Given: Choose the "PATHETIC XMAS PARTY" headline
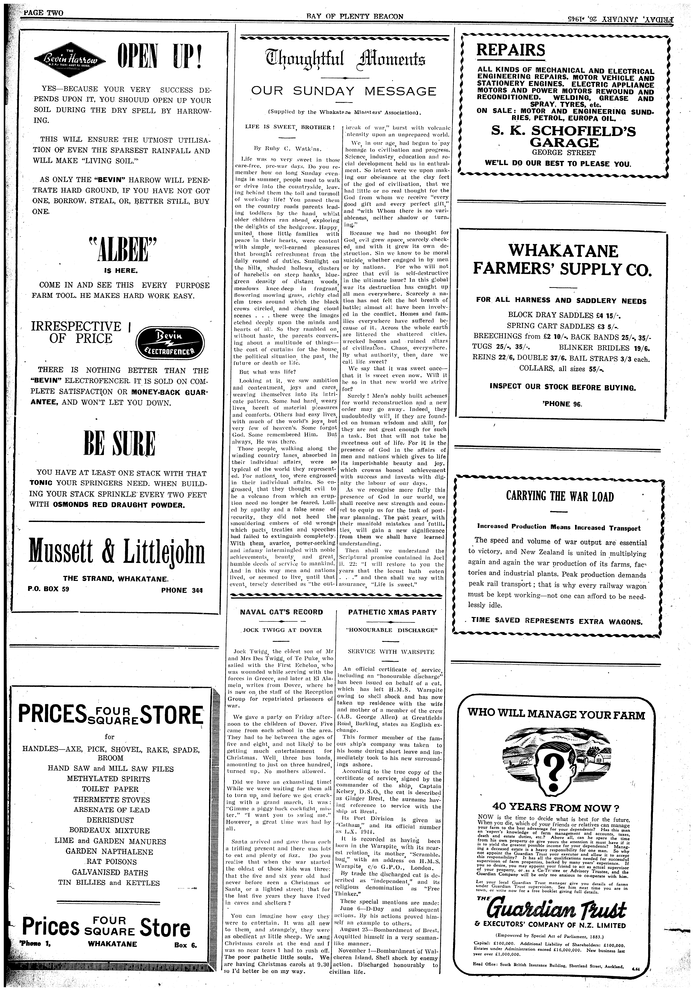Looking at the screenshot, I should click(x=392, y=612).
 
